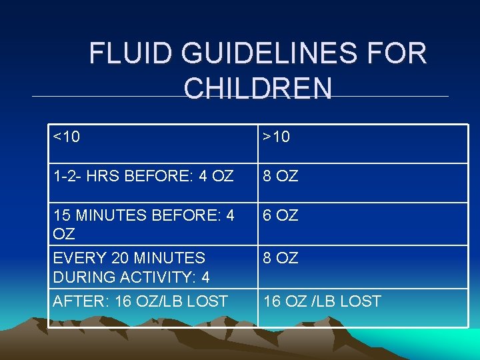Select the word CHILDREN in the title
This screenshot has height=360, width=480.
click(257, 89)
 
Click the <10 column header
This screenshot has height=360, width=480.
click(67, 137)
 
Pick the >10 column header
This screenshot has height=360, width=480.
click(277, 137)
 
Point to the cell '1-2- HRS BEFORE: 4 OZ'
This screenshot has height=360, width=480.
click(143, 177)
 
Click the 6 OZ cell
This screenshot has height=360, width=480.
click(281, 215)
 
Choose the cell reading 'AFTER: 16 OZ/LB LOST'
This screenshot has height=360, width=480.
click(140, 301)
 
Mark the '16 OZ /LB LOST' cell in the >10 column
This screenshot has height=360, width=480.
click(322, 301)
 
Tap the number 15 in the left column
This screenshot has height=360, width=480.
click(61, 215)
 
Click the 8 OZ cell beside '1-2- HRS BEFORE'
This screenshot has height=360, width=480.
click(281, 177)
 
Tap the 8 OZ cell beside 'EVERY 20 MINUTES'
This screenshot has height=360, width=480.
click(281, 257)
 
